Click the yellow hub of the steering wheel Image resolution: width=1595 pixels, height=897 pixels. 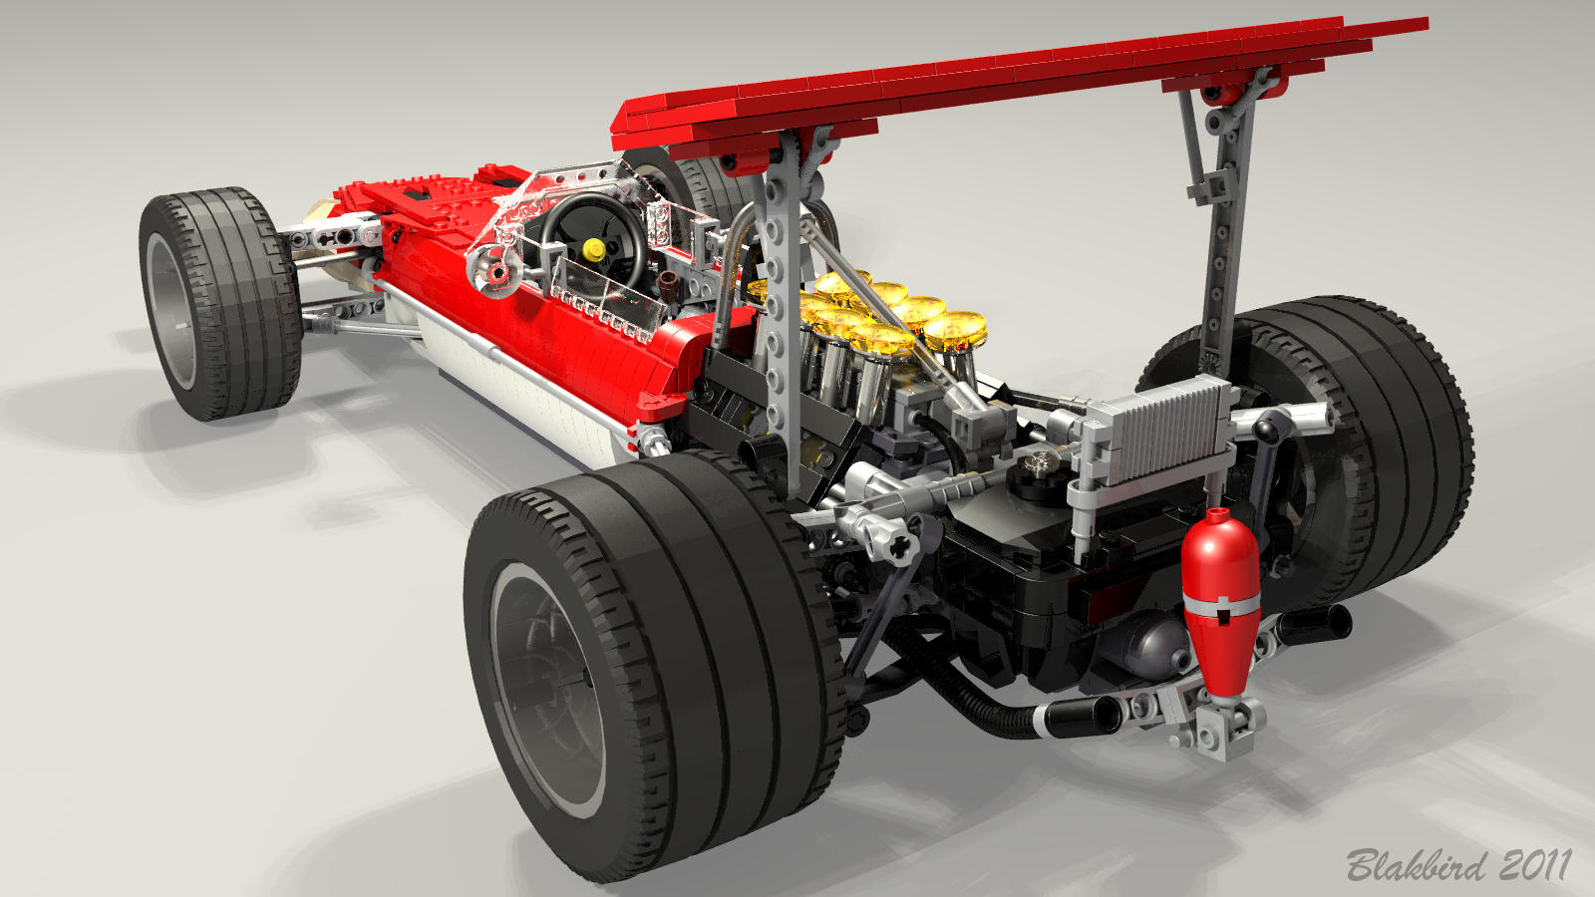tap(593, 248)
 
